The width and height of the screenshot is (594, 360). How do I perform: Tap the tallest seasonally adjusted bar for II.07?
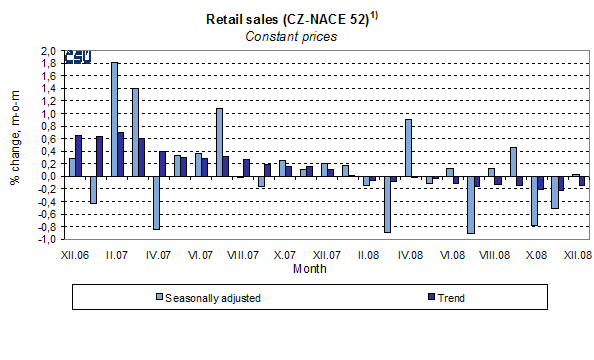click(114, 119)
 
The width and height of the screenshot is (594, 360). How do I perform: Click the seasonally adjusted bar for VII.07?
click(219, 142)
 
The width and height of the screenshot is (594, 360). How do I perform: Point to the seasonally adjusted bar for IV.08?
click(408, 148)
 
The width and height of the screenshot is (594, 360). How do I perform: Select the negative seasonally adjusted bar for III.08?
click(387, 204)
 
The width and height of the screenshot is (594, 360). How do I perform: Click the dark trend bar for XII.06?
click(79, 156)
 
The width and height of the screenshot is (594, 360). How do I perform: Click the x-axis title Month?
click(309, 268)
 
